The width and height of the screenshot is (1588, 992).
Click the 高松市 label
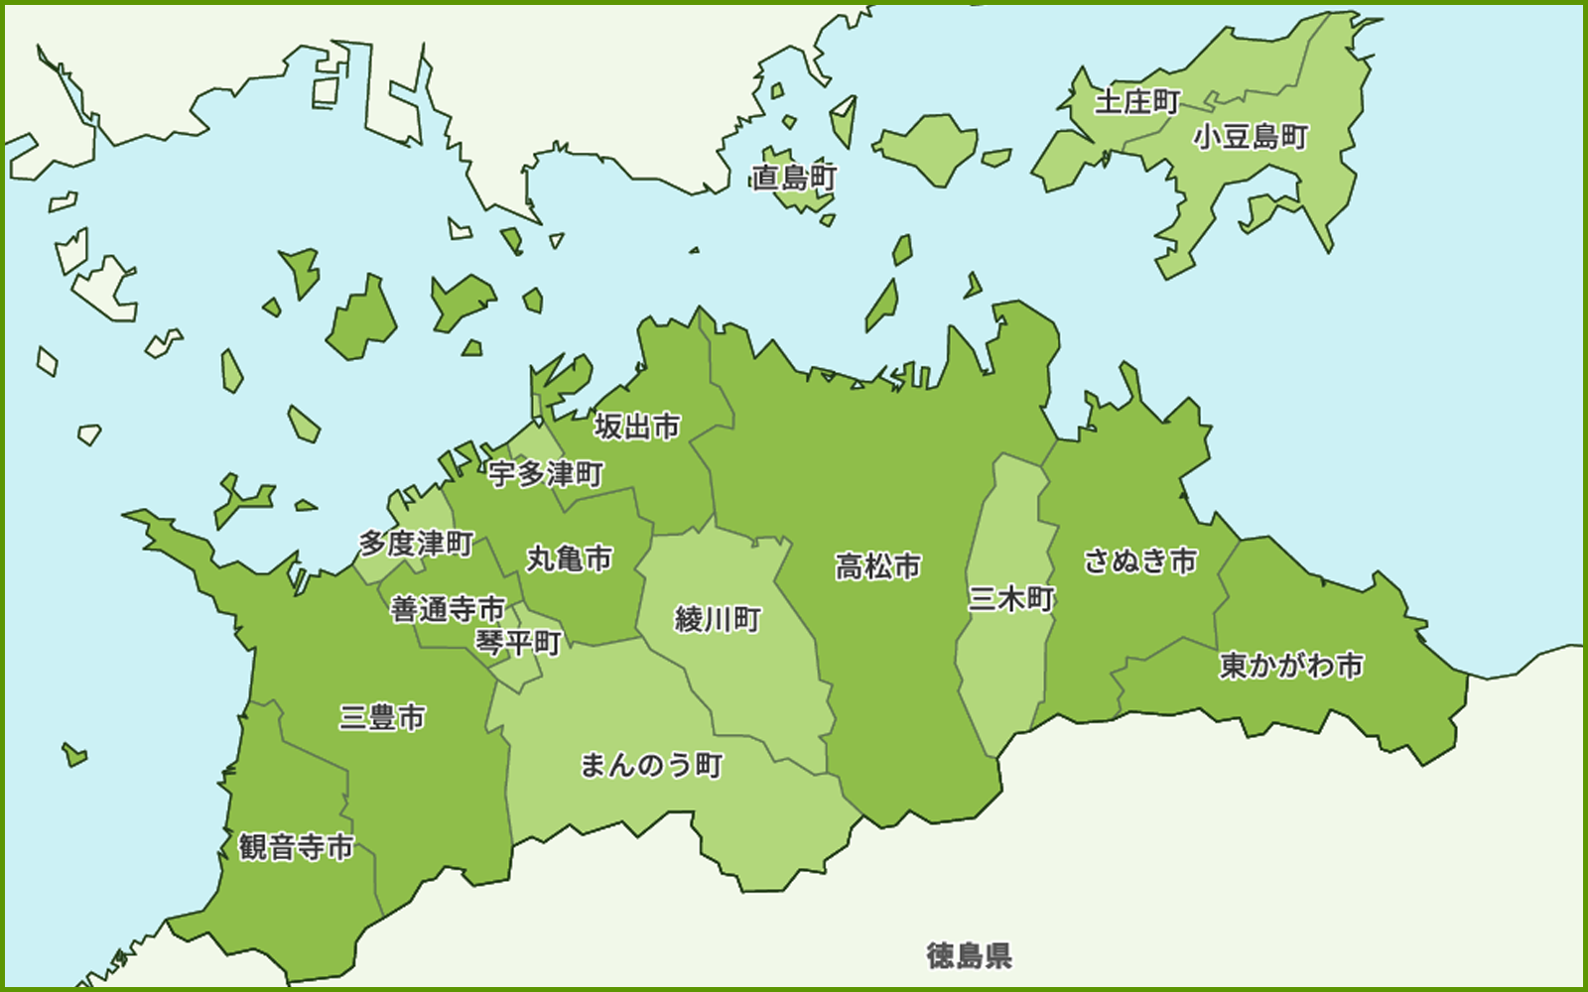[878, 566]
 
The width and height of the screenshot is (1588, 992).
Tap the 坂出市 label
[637, 427]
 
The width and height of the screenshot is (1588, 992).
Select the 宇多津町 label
[546, 474]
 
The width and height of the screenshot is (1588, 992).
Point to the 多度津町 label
[416, 544]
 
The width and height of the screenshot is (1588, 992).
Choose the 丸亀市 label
[570, 558]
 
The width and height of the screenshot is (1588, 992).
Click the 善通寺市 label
[448, 608]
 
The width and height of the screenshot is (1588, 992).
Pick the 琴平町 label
[518, 643]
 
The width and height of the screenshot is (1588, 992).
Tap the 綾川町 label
[718, 619]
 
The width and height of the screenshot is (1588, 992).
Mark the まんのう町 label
[651, 765]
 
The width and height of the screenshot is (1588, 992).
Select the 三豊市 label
[382, 716]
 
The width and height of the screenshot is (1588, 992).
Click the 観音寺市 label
[296, 847]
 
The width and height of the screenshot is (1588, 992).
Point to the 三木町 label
[1011, 598]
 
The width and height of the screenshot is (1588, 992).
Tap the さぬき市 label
[1140, 560]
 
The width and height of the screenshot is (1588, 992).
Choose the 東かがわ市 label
[1291, 665]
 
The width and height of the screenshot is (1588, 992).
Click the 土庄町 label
[1137, 101]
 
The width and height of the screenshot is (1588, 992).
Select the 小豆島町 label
[1251, 136]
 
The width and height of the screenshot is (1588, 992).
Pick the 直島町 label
[794, 178]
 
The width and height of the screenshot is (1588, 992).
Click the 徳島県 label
[970, 955]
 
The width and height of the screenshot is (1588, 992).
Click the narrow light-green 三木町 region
[997, 675]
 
